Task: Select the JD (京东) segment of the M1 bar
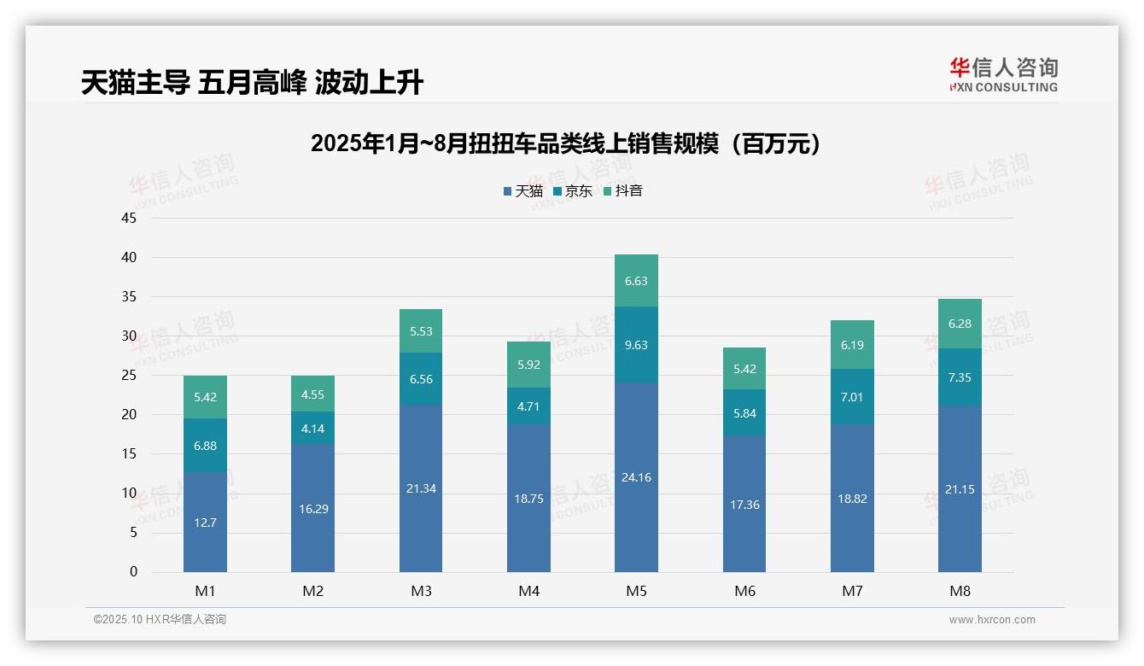pos(205,446)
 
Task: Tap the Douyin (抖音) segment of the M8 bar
pos(960,324)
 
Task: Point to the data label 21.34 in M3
pos(421,488)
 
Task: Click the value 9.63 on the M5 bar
pos(636,345)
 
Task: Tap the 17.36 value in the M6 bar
pos(744,505)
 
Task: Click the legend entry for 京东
pos(573,191)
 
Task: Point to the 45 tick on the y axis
pos(129,218)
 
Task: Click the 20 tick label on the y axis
pos(129,414)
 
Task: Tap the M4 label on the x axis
pos(528,591)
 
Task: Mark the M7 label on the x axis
pos(852,591)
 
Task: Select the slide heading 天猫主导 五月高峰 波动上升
pos(252,82)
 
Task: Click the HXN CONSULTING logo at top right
pos(1003,74)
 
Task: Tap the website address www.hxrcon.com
pos(991,620)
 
